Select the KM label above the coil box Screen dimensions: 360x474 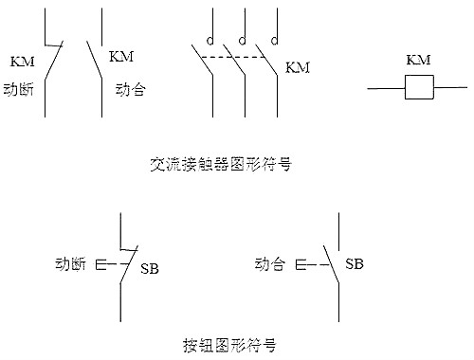pos(418,61)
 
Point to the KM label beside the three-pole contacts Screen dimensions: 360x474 pos(298,67)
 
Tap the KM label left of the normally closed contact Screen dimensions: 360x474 pos(22,63)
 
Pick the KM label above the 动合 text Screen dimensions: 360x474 pos(122,57)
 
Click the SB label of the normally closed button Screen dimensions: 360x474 pos(150,269)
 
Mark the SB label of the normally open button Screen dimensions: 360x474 pos(354,263)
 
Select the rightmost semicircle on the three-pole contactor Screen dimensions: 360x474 pos(273,41)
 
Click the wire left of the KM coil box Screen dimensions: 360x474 pos(384,88)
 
